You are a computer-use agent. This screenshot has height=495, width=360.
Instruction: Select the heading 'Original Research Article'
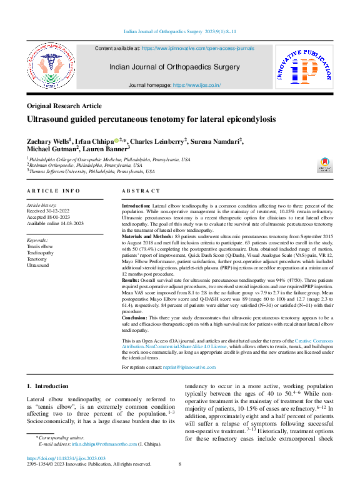point(64,106)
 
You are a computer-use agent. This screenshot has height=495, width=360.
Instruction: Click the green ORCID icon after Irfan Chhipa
point(116,141)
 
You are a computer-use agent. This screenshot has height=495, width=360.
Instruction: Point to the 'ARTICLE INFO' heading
point(54,191)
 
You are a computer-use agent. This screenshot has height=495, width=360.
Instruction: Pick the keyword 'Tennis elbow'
point(41,247)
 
